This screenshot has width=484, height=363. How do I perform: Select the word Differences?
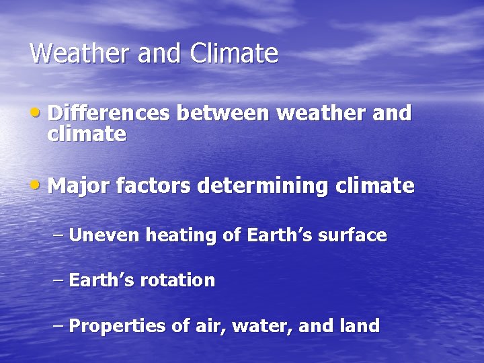click(x=109, y=113)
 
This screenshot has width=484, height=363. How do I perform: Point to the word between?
click(x=223, y=113)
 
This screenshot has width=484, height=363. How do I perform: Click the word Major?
click(x=79, y=186)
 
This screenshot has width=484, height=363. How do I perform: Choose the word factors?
click(x=153, y=186)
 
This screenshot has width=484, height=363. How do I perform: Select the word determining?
click(x=263, y=186)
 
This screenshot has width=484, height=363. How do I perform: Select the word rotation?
click(x=177, y=280)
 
